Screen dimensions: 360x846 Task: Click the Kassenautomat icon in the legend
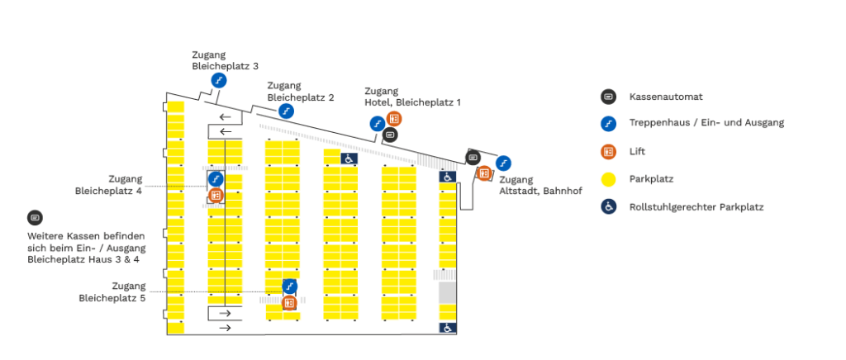click(608, 97)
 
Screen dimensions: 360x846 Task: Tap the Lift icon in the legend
click(608, 151)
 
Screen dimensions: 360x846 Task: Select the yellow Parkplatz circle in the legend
click(608, 178)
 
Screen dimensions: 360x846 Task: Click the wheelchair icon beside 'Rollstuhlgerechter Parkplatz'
click(608, 206)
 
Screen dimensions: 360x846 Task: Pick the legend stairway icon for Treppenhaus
click(608, 124)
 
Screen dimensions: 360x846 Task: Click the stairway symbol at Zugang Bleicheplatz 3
click(219, 80)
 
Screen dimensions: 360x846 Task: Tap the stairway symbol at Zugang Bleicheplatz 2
click(286, 111)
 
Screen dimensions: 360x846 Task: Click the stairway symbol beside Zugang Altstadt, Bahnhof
click(503, 162)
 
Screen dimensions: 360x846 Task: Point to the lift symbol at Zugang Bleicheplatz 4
click(216, 195)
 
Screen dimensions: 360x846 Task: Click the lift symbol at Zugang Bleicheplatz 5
click(289, 303)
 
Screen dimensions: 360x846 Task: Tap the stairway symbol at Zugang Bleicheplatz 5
click(289, 287)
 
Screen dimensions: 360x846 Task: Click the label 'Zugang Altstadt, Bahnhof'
click(528, 185)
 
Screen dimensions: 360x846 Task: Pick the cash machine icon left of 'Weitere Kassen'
click(35, 218)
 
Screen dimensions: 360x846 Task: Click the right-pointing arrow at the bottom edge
click(225, 328)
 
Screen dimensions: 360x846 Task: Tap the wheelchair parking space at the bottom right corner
click(447, 328)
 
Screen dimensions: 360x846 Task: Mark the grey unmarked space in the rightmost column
click(447, 292)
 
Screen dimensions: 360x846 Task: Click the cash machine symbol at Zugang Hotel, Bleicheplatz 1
click(391, 134)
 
